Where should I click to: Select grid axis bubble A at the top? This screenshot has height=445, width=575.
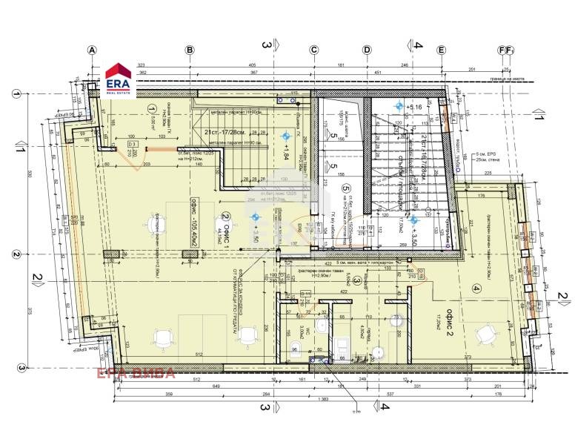(x=93, y=50)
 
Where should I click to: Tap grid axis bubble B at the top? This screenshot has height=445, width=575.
(x=190, y=50)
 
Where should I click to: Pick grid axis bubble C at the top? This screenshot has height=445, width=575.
(x=313, y=50)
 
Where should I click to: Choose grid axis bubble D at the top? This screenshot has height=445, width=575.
(x=366, y=50)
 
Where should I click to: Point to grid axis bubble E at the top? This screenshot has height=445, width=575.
(x=442, y=50)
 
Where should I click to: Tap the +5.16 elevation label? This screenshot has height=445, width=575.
(x=414, y=108)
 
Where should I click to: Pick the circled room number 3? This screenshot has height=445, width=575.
(x=356, y=281)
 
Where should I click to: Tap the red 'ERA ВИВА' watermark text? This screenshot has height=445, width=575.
(x=133, y=372)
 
